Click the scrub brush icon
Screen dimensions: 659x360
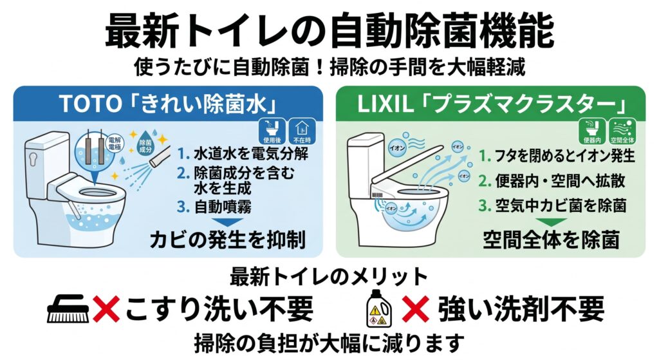(68, 309)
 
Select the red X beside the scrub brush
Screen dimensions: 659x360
(106, 308)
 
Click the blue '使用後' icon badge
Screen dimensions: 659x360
(272, 131)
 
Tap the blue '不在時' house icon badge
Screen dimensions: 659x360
(302, 131)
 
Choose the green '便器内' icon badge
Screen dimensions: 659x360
(592, 131)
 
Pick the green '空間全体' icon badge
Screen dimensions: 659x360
(622, 131)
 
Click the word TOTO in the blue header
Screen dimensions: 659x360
(90, 104)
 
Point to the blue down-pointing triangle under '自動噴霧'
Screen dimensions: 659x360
(227, 222)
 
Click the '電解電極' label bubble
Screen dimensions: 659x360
(115, 144)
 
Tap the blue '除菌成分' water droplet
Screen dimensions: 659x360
(145, 146)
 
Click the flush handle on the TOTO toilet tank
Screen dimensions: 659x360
(33, 158)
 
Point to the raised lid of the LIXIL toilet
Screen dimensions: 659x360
(407, 165)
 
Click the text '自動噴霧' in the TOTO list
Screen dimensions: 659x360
(223, 207)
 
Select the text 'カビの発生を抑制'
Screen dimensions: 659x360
(227, 240)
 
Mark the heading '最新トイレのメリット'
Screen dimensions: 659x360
(329, 277)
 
